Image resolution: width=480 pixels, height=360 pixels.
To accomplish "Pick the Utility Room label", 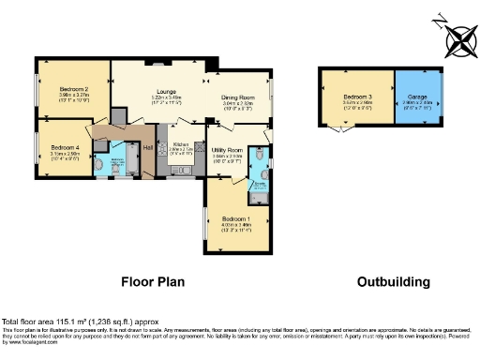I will [x=227, y=150].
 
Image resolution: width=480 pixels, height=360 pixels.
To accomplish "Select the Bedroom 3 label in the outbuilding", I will [x=356, y=97].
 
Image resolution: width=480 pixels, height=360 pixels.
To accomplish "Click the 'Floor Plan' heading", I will [x=153, y=280].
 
